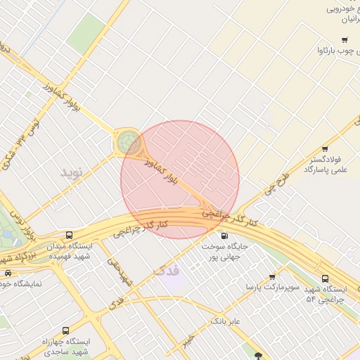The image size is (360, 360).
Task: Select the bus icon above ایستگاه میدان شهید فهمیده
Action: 69,235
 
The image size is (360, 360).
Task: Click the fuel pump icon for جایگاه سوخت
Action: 224,236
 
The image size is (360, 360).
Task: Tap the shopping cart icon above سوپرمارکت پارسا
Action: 272,277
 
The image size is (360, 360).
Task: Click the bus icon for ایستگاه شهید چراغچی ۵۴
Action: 324,278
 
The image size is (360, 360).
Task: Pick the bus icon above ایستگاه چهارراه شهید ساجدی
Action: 65,330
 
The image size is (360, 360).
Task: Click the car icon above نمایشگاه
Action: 7,273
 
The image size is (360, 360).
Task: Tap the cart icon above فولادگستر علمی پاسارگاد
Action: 325,148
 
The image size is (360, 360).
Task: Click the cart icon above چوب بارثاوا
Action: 344,39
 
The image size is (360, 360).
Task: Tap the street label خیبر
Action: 186,341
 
